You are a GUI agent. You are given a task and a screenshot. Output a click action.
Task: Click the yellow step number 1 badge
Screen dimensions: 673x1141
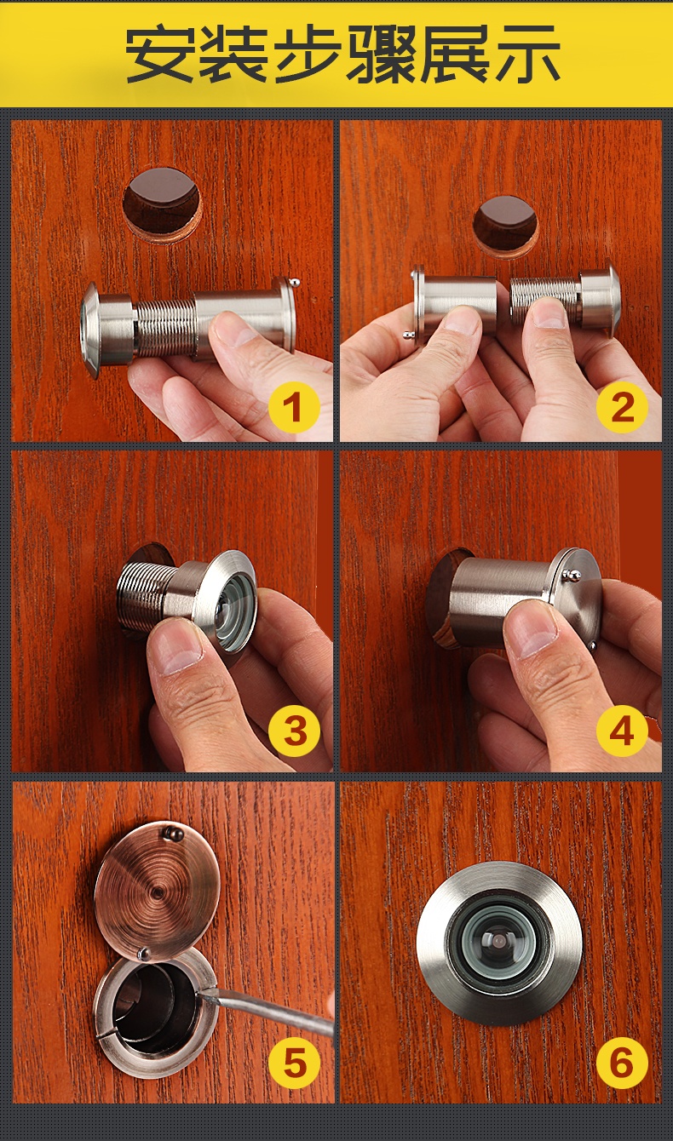293,408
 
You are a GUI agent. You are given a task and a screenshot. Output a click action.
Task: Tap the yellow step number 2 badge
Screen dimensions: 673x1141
622,408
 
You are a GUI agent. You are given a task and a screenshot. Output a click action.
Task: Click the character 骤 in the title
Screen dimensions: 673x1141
381,54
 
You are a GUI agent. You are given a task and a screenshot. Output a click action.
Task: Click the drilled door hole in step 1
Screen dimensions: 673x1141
162,204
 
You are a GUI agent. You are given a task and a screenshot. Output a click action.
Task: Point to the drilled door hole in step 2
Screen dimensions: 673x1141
506,226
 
